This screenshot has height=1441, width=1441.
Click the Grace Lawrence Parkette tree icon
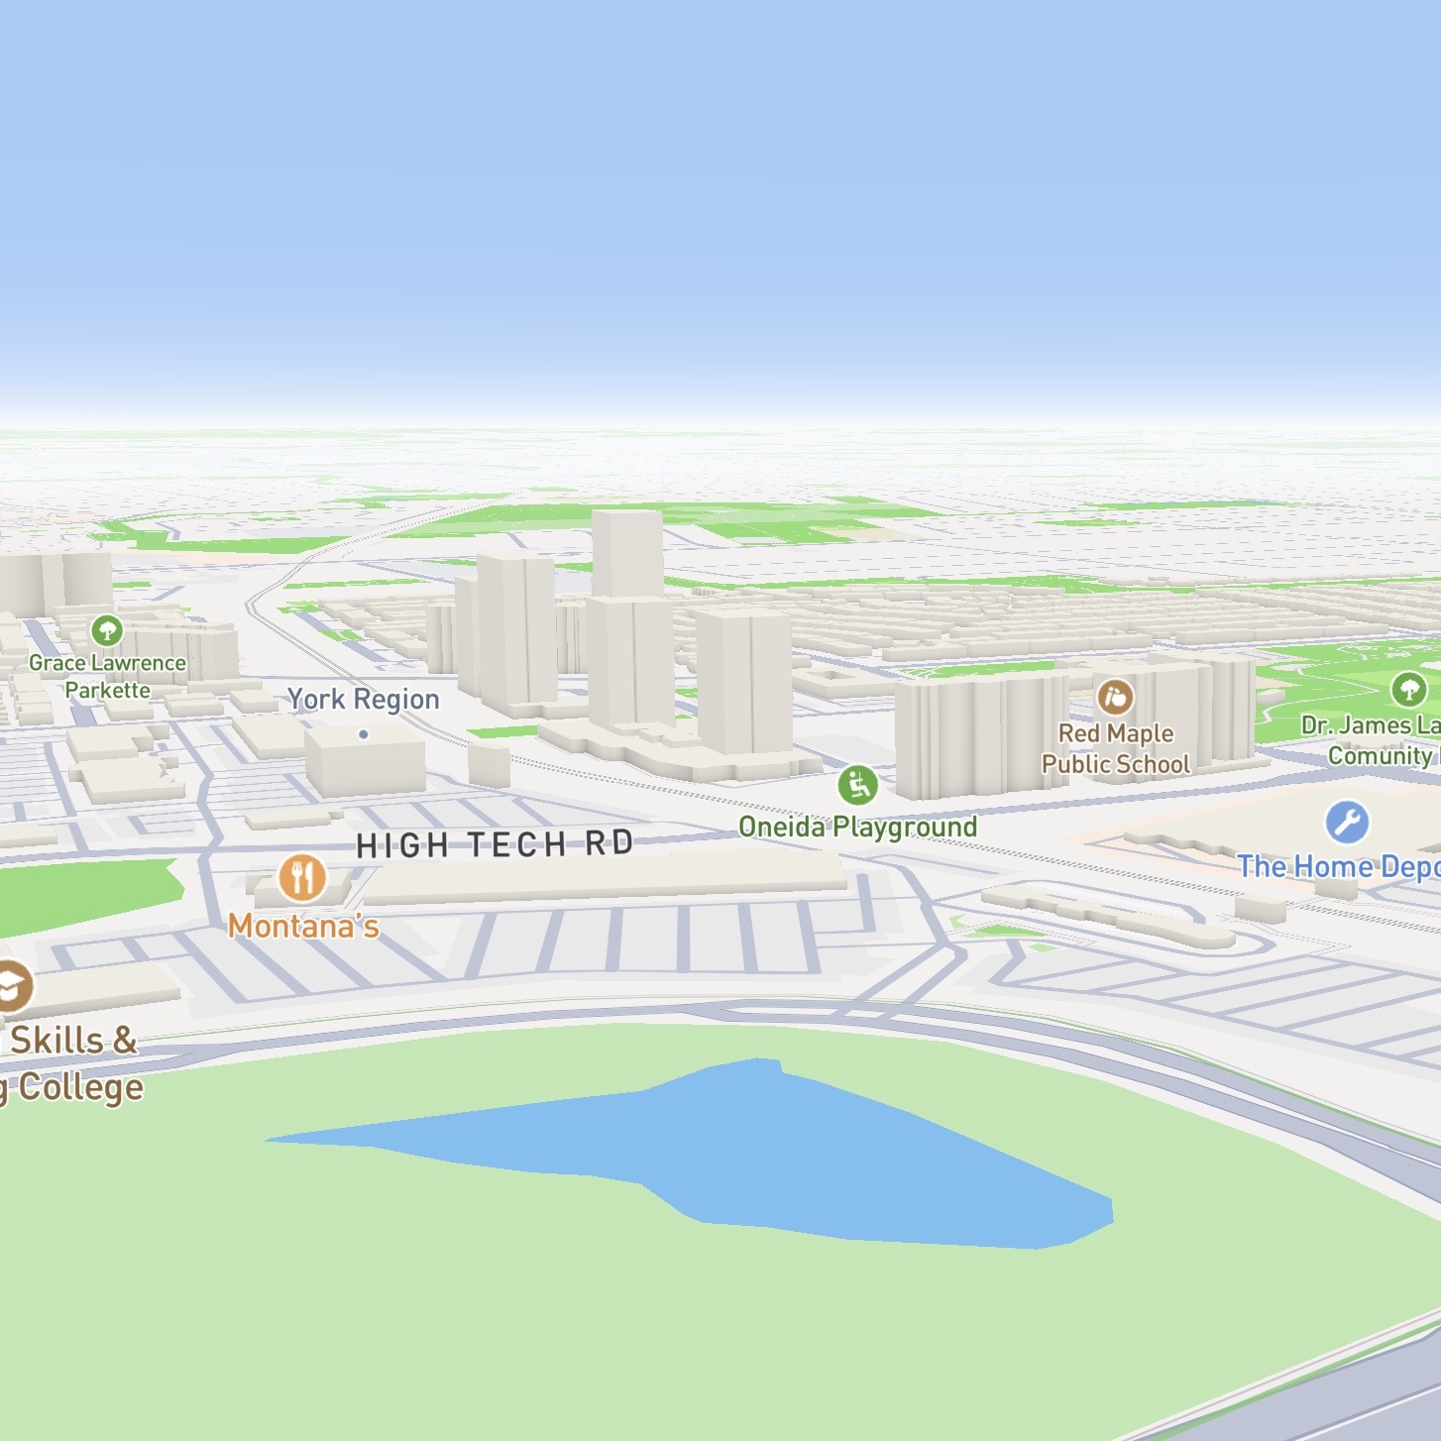click(x=107, y=630)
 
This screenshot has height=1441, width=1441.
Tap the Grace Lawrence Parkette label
click(x=107, y=676)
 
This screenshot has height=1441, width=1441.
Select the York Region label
click(x=363, y=700)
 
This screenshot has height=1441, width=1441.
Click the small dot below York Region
click(x=364, y=734)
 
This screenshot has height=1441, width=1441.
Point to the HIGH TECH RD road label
click(x=495, y=844)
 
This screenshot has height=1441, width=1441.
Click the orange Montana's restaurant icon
click(x=302, y=878)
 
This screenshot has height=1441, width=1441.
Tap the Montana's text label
click(x=303, y=927)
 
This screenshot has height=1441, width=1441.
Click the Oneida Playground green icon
click(x=858, y=786)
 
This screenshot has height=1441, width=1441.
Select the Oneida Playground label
click(x=858, y=827)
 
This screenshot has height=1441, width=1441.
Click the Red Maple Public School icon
click(x=1115, y=697)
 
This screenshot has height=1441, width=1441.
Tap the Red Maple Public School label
click(x=1115, y=748)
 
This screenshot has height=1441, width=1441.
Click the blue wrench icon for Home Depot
click(x=1347, y=822)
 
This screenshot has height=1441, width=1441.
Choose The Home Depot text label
click(x=1338, y=867)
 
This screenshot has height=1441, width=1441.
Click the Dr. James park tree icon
click(x=1408, y=688)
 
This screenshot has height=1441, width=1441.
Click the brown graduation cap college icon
click(x=12, y=986)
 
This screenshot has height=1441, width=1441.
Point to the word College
click(x=81, y=1087)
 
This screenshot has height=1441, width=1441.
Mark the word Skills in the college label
click(x=57, y=1041)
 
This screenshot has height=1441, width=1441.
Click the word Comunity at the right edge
click(x=1380, y=756)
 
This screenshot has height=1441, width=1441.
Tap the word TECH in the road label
click(x=516, y=844)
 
